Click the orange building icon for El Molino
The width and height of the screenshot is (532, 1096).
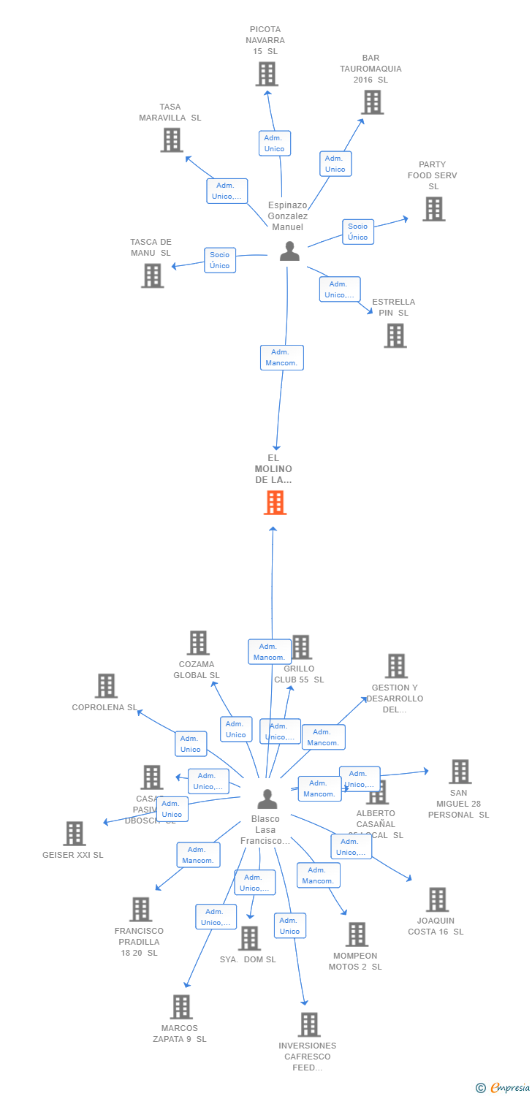(x=275, y=503)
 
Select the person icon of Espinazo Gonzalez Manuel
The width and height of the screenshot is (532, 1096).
(x=289, y=251)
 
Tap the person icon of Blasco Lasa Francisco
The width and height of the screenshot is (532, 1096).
(x=267, y=799)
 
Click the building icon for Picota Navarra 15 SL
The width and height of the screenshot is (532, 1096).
(x=267, y=74)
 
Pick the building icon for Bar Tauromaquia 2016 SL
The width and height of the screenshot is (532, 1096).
(x=372, y=102)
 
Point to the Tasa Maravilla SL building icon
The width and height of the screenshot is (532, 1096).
(x=171, y=140)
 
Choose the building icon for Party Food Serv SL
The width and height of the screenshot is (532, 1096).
(x=433, y=209)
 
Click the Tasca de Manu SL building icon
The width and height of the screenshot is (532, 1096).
(x=152, y=275)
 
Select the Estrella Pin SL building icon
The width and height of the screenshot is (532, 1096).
(x=395, y=335)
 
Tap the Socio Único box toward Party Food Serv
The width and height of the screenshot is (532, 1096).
(x=358, y=232)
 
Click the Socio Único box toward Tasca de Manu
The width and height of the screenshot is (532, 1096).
(x=220, y=260)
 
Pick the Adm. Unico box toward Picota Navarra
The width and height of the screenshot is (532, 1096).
(x=274, y=143)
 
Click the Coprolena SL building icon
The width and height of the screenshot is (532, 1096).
(x=106, y=686)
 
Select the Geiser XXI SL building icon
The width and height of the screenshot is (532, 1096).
(x=74, y=834)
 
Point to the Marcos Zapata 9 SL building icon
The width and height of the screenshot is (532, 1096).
(x=180, y=1007)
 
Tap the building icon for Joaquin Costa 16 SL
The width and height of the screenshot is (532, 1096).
(x=437, y=899)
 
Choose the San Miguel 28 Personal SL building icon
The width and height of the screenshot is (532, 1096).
(x=459, y=772)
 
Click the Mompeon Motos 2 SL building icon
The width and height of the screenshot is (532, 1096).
(x=356, y=935)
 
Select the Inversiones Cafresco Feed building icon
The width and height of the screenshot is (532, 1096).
(x=308, y=1024)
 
